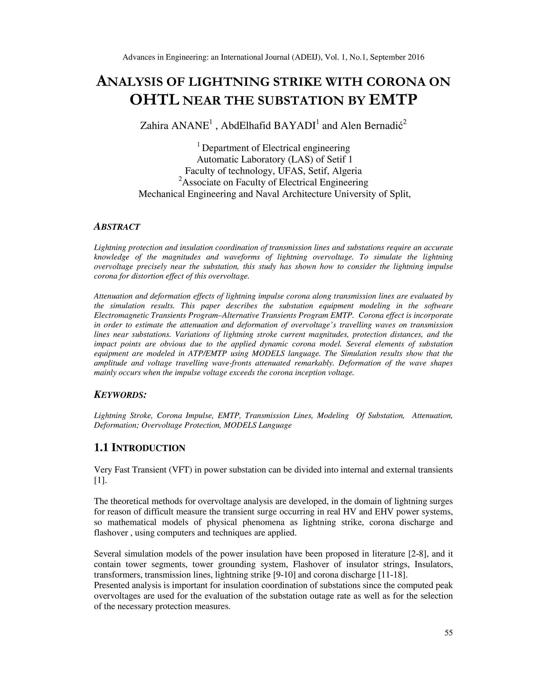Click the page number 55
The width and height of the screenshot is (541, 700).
(x=448, y=633)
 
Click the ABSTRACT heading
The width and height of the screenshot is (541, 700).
(x=117, y=227)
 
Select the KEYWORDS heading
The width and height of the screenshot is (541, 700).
(x=120, y=395)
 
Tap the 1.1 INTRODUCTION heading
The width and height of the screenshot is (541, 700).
(x=139, y=448)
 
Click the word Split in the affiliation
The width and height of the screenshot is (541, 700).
(x=400, y=194)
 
